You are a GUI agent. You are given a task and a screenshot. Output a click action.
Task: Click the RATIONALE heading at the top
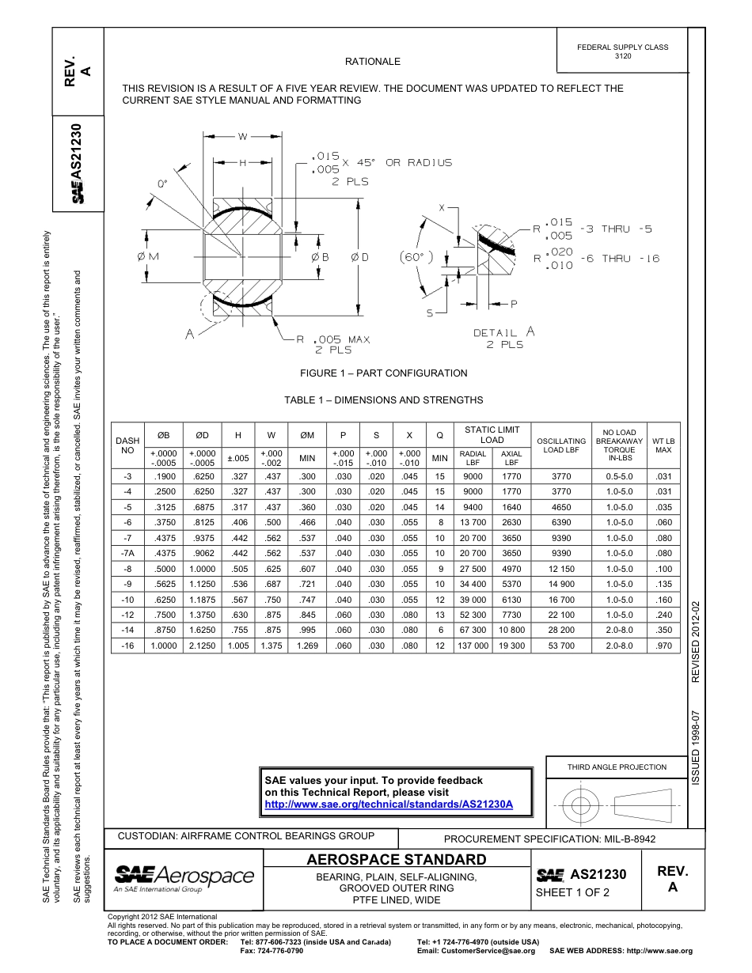[372, 62]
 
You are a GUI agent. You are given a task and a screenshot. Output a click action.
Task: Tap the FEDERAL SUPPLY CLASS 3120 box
[622, 51]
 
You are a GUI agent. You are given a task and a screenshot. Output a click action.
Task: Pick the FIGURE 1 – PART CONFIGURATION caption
[383, 373]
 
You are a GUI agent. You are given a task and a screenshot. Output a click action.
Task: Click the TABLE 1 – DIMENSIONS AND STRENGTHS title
[383, 400]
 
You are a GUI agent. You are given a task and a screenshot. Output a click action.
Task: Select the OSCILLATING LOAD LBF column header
[561, 446]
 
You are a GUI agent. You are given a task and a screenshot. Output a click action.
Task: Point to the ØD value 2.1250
[202, 646]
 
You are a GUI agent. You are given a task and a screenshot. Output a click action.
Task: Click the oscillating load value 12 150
[561, 569]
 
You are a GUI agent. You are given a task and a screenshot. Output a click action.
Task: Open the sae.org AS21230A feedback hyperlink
[389, 804]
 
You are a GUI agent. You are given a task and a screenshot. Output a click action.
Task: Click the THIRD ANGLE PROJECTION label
[617, 767]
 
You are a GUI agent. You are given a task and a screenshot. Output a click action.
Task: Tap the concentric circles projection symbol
[581, 805]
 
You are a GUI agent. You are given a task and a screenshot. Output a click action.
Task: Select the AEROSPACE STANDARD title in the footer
[397, 860]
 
